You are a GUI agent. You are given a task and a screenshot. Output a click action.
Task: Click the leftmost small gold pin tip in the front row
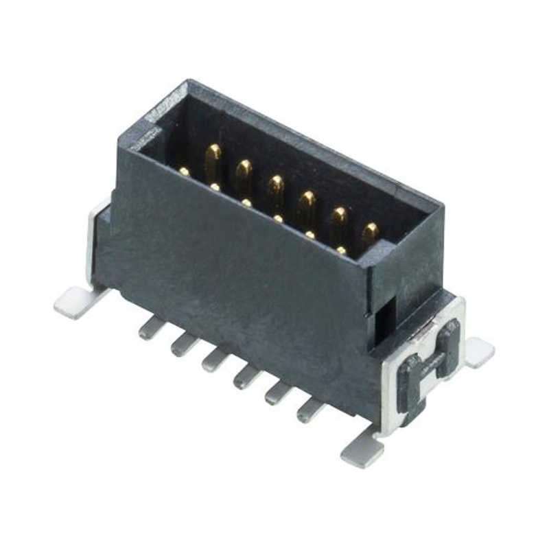pyautogui.click(x=184, y=171)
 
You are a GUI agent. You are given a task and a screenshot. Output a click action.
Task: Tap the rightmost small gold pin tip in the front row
pyautogui.click(x=342, y=250)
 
